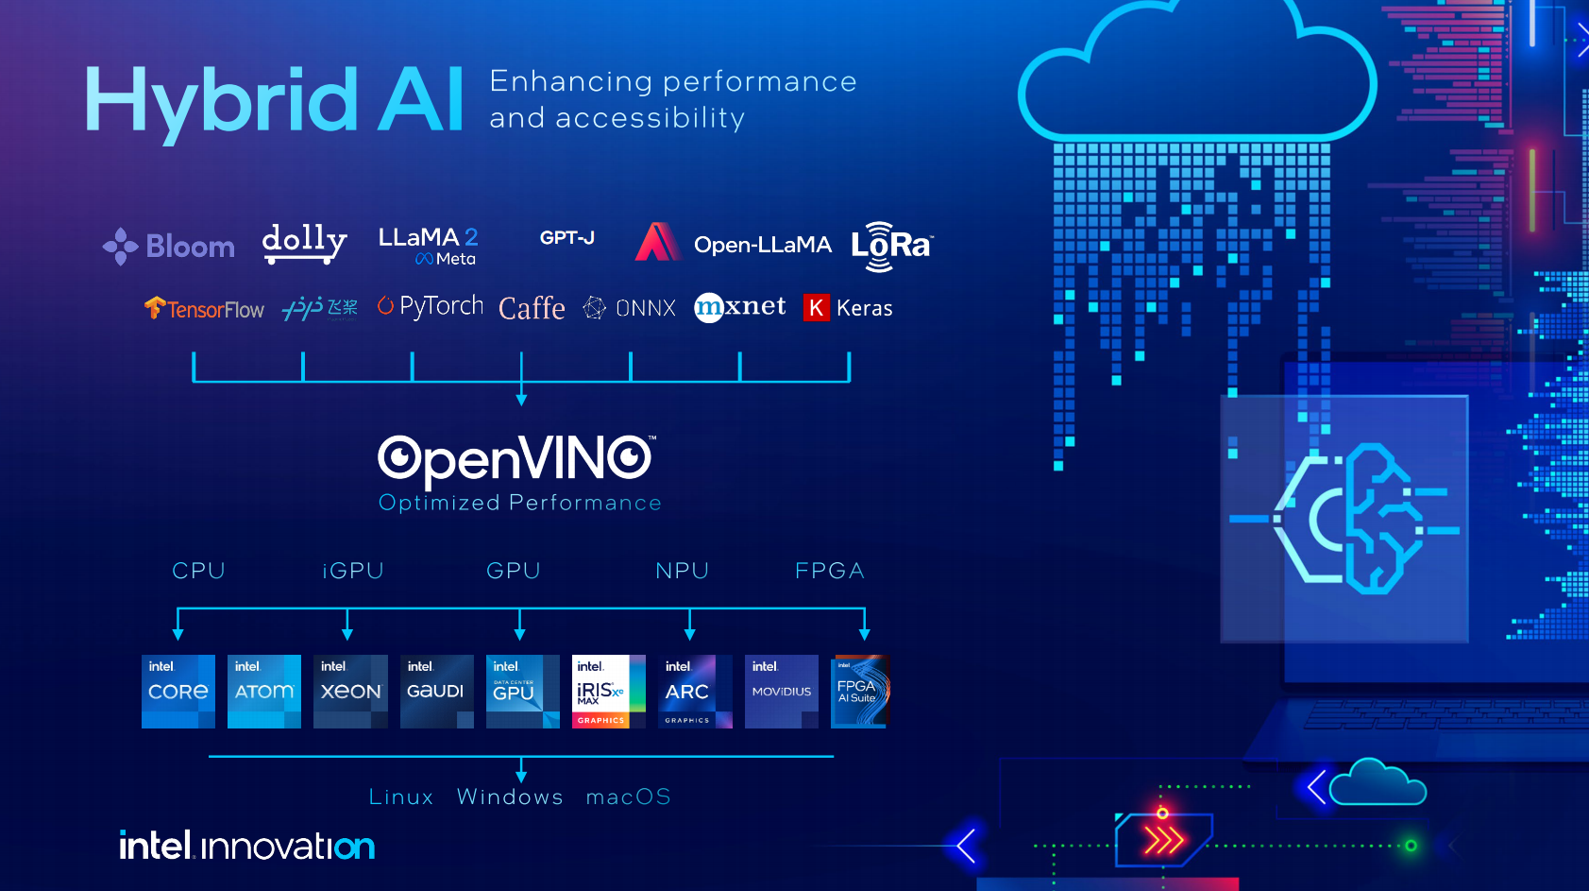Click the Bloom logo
pos(169,247)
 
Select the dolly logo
pos(304,242)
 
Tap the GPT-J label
pos(567,238)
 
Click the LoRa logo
pos(891,246)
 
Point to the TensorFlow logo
pos(205,309)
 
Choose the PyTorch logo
pos(431,306)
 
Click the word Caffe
pos(532,309)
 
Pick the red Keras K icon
pos(816,308)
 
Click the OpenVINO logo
pos(516,459)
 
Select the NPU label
pos(682,571)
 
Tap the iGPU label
pos(353,571)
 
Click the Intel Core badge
pos(178,692)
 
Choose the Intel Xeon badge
pos(350,692)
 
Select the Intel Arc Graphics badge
pos(695,692)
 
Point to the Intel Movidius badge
pos(782,692)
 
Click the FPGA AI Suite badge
pos(859,692)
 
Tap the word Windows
pos(510,797)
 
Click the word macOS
pos(628,797)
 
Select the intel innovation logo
pos(247,846)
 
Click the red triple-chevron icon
pos(1163,839)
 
